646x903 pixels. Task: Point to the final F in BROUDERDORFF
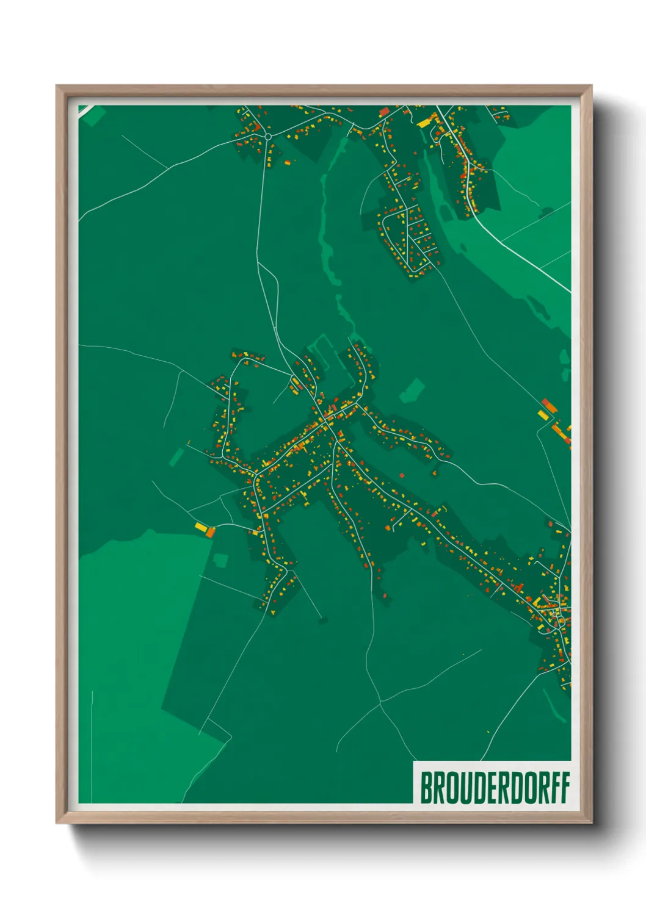565,788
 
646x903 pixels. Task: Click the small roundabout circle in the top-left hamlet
267,136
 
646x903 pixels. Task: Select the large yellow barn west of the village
201,526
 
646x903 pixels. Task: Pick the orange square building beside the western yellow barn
211,533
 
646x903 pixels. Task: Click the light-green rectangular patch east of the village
413,390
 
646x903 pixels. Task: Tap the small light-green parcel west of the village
176,456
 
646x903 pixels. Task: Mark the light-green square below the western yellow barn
220,559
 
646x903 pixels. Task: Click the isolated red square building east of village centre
402,475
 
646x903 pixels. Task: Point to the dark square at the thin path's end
322,621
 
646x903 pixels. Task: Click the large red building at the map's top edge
384,112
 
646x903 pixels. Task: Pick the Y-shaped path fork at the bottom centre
380,703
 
